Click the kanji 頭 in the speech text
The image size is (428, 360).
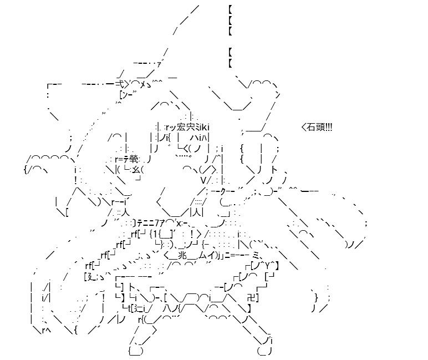coord(320,127)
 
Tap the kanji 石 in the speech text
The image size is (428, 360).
coord(312,127)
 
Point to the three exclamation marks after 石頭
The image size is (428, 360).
coord(328,127)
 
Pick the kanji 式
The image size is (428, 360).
coord(120,83)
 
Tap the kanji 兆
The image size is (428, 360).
coord(182,255)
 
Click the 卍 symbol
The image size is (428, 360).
coord(251,297)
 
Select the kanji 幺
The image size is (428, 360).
coord(136,170)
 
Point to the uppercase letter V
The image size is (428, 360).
coord(203,180)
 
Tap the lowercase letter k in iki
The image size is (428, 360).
coord(204,127)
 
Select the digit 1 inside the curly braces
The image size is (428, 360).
coord(155,234)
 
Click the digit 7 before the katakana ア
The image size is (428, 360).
coord(157,223)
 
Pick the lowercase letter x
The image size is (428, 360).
coord(179,224)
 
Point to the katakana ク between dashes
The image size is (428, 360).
coord(222,191)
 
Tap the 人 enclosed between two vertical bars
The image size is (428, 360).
coord(196,212)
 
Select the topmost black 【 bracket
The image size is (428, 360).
coord(230,10)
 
